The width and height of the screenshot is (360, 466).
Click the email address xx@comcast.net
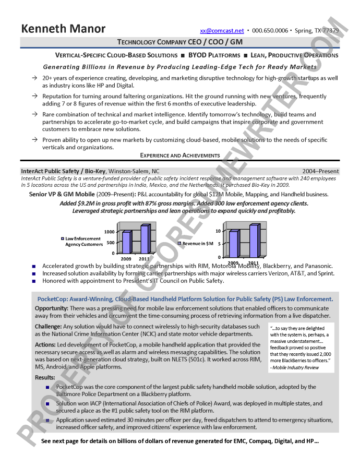(222, 31)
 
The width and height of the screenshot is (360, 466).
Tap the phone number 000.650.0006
(270, 31)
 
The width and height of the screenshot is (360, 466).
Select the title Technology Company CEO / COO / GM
(180, 42)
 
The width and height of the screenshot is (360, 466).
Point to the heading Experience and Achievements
(180, 155)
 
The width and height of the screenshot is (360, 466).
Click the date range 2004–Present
(320, 171)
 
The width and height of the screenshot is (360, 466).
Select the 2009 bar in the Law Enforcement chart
(126, 242)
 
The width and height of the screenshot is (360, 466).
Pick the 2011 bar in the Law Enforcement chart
(145, 238)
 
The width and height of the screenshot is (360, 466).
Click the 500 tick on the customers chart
(111, 243)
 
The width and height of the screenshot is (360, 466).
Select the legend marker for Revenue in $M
(179, 244)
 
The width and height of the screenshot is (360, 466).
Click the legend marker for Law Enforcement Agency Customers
(62, 239)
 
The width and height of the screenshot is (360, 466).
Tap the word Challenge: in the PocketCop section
(48, 327)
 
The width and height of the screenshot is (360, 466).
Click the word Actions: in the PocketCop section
(46, 345)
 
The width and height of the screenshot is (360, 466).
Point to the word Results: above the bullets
(45, 377)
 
